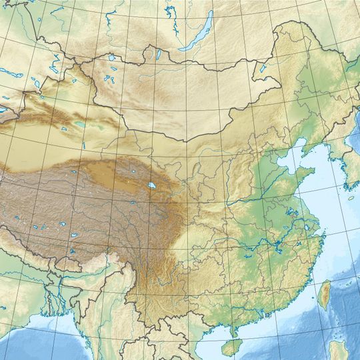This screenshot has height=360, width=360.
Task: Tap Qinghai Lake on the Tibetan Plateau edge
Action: click(x=152, y=186)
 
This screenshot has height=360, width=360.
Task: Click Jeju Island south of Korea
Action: click(x=351, y=197)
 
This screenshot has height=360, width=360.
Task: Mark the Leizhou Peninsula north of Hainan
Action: click(x=231, y=330)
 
